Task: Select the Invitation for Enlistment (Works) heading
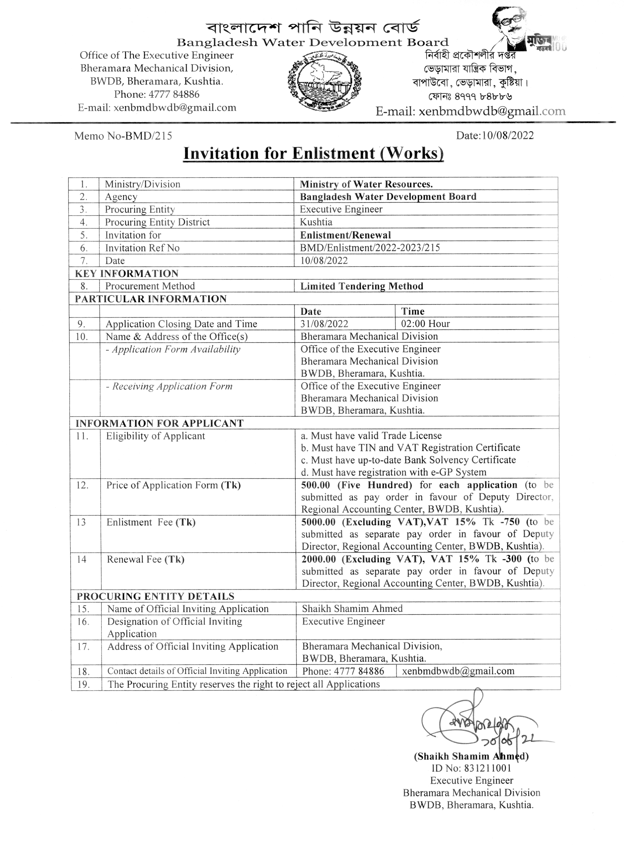click(x=313, y=153)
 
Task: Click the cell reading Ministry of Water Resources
click(x=366, y=184)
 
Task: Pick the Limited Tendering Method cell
click(x=361, y=286)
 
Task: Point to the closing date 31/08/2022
click(x=324, y=324)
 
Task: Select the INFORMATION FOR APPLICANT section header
click(x=159, y=423)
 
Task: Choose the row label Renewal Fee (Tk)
click(x=145, y=559)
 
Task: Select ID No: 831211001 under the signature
click(x=471, y=768)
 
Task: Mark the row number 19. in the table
click(x=83, y=684)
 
